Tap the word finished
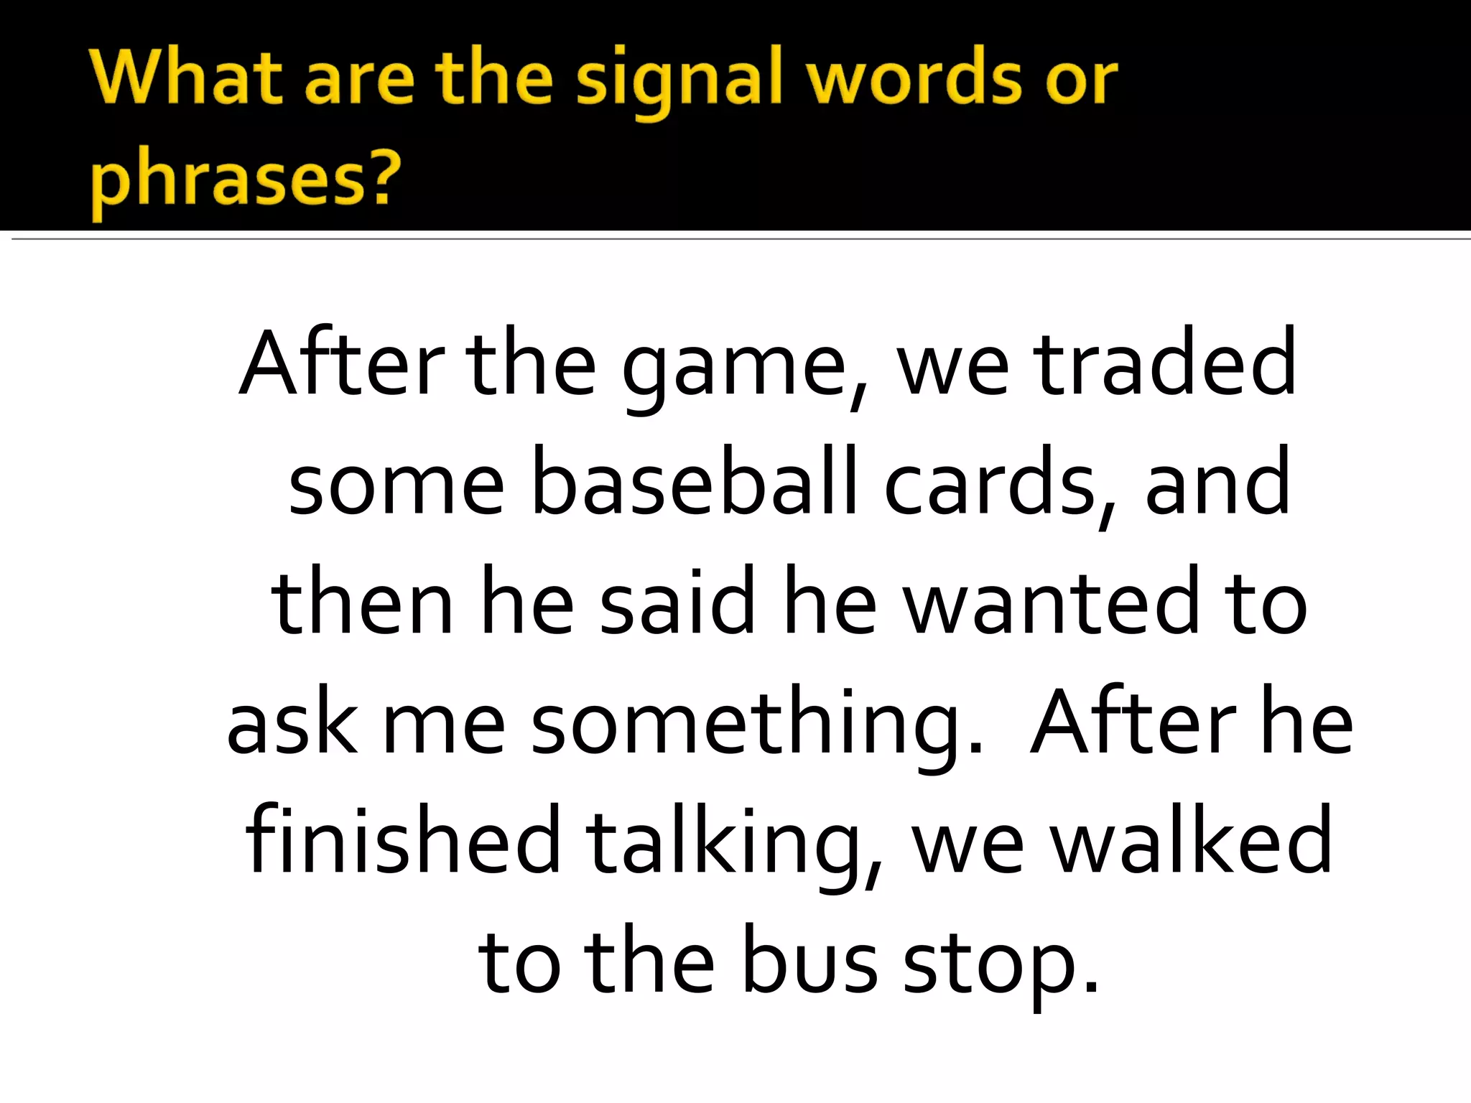tap(403, 839)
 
